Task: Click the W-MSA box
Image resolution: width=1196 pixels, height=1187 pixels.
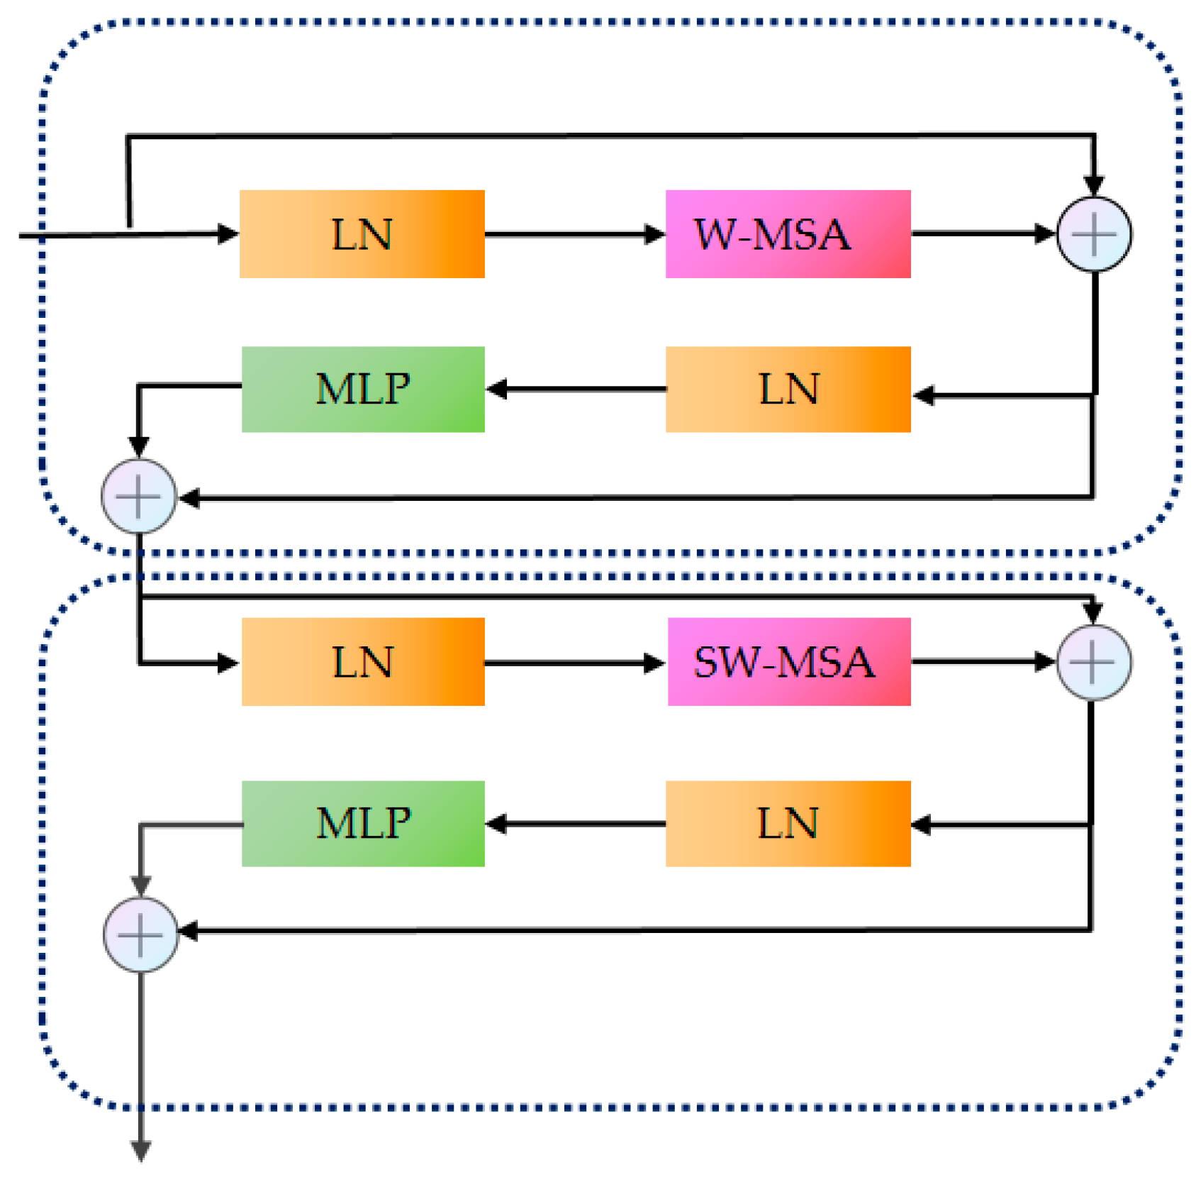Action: pyautogui.click(x=788, y=233)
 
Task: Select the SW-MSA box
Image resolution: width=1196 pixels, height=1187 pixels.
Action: pyautogui.click(x=788, y=661)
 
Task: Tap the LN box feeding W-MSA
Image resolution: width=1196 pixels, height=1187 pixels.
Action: pyautogui.click(x=362, y=233)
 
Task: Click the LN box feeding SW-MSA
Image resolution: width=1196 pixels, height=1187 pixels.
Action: pyautogui.click(x=363, y=661)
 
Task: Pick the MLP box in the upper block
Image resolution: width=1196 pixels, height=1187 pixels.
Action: pyautogui.click(x=363, y=389)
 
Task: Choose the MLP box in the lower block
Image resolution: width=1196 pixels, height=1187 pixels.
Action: pyautogui.click(x=363, y=823)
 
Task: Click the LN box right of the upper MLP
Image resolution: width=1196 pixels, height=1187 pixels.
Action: pyautogui.click(x=788, y=389)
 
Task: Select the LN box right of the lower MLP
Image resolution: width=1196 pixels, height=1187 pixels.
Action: pyautogui.click(x=788, y=823)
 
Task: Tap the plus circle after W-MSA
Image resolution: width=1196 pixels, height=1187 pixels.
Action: pyautogui.click(x=1093, y=234)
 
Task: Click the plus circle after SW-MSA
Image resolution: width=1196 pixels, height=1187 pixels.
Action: pyautogui.click(x=1093, y=662)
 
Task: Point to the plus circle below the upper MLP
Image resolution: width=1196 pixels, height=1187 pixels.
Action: pyautogui.click(x=138, y=496)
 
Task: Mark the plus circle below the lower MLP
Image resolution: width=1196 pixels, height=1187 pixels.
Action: pyautogui.click(x=140, y=934)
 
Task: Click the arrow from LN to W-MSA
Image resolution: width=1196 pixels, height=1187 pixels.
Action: pyautogui.click(x=574, y=233)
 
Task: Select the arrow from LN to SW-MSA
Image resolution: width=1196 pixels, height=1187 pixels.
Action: pyautogui.click(x=574, y=662)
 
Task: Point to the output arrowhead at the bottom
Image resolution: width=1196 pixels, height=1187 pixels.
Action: pyautogui.click(x=141, y=1149)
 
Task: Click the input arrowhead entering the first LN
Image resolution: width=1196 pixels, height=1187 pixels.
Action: pyautogui.click(x=227, y=233)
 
